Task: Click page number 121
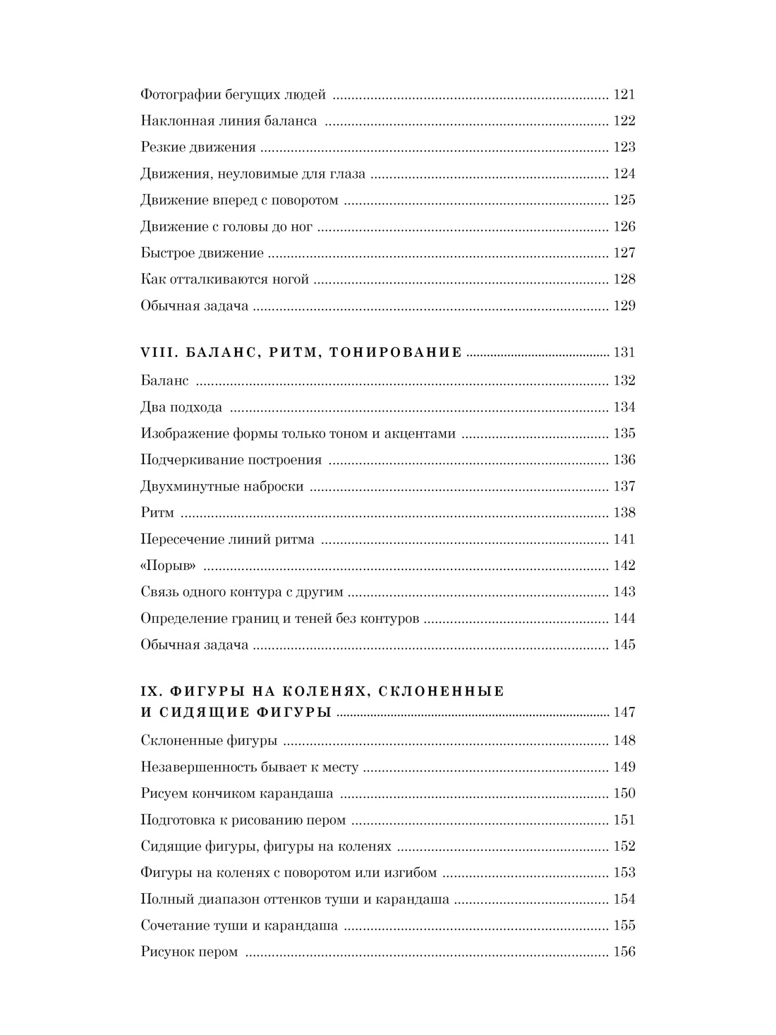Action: [624, 95]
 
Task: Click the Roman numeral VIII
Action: [152, 352]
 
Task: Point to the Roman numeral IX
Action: [148, 691]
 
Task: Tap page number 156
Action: [624, 952]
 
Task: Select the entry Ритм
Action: [157, 513]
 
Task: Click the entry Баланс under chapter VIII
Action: [165, 381]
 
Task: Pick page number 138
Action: [624, 513]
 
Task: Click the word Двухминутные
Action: [186, 486]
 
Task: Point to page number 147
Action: [624, 712]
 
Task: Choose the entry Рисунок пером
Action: [189, 952]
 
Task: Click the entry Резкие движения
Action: [198, 147]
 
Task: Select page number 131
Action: [624, 352]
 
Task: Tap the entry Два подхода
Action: [181, 407]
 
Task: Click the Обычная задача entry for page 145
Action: [194, 645]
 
